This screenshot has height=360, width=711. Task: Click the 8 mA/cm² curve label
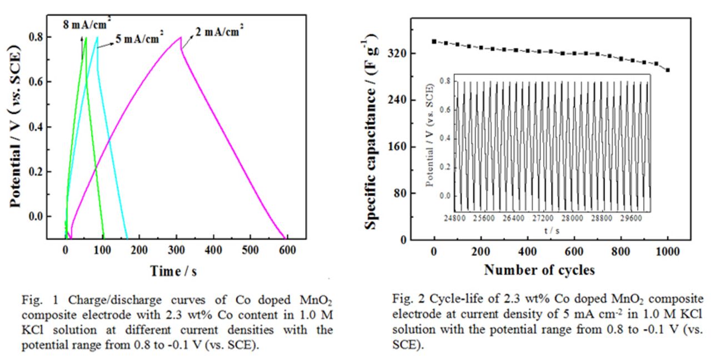point(87,23)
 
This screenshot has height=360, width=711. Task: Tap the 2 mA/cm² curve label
point(219,31)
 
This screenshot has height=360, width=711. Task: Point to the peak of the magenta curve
point(181,37)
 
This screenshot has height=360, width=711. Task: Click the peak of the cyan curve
point(97,37)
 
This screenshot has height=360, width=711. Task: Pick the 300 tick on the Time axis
point(176,250)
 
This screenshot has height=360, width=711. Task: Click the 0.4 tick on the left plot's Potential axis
point(36,127)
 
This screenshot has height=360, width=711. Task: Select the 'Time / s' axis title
point(173,271)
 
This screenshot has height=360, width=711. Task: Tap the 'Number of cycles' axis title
point(539,270)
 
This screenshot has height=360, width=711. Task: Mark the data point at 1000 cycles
point(668,70)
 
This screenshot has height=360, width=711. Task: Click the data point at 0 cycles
point(434,42)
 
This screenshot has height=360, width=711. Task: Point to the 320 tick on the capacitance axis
point(397,53)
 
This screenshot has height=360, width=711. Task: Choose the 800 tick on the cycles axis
point(620,252)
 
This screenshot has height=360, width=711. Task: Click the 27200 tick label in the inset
point(543,218)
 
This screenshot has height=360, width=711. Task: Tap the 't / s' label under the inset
point(552,231)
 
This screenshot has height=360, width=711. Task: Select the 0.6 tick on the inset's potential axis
point(445,110)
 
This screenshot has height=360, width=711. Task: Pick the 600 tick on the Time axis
point(287,250)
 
